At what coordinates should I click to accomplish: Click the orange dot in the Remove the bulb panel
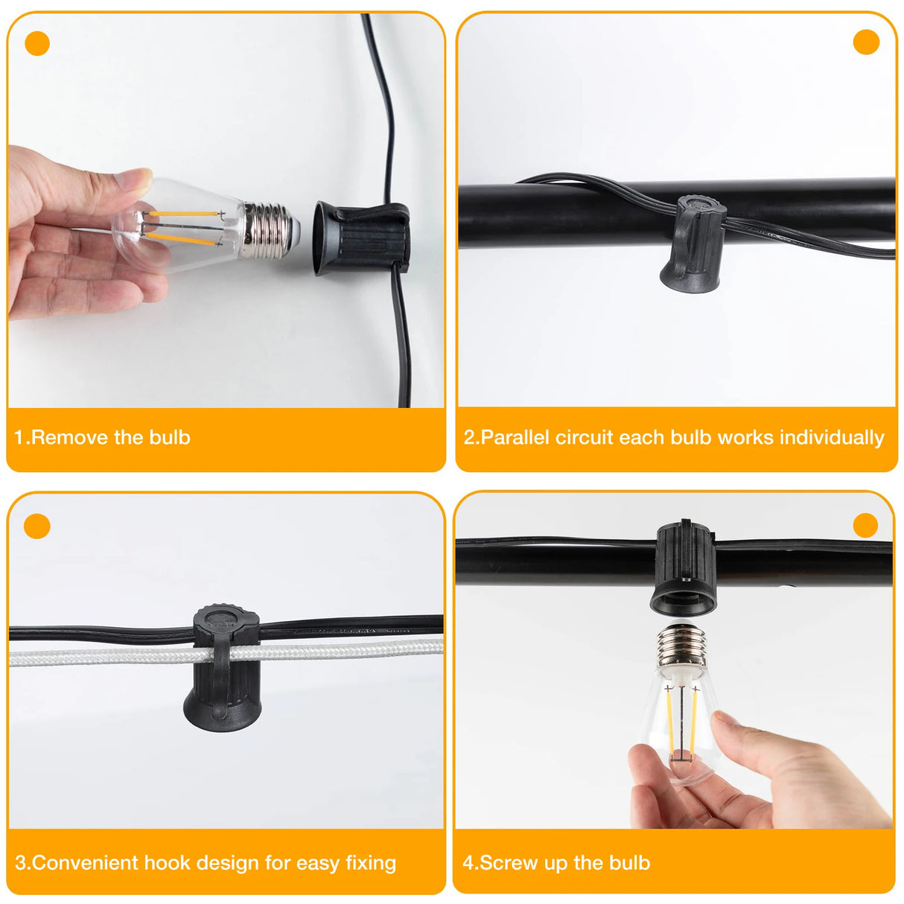37,44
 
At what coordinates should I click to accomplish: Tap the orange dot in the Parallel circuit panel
866,42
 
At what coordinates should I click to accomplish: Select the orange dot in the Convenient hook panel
36,526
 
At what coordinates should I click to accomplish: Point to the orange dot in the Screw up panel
865,526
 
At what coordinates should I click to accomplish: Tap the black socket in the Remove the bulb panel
362,239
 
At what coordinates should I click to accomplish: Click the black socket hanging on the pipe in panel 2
693,244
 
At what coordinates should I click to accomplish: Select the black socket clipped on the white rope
224,668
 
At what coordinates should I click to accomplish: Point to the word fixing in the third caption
371,864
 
